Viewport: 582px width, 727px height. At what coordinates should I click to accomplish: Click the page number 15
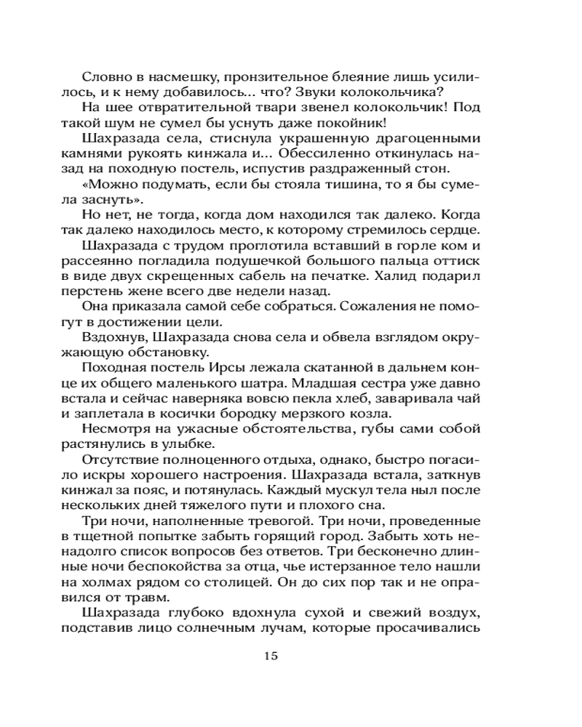pyautogui.click(x=269, y=656)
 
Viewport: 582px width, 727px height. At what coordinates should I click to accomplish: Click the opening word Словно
pyautogui.click(x=105, y=76)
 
